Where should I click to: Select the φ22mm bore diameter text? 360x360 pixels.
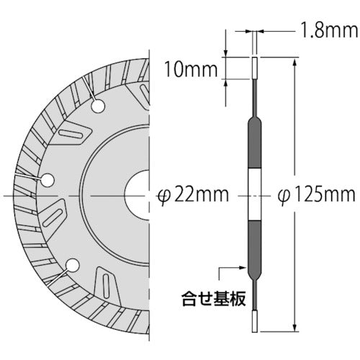[x=192, y=194]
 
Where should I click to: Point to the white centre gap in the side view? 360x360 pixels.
[x=254, y=195]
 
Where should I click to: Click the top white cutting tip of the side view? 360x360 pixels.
[x=254, y=67]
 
